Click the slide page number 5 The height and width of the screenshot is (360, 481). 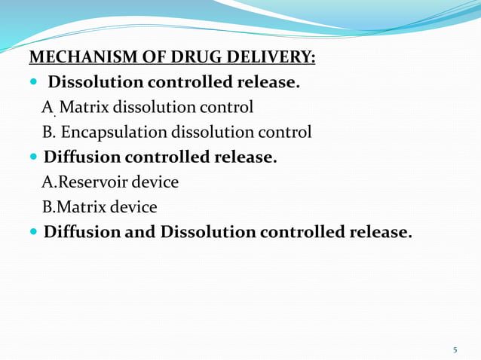[455, 349]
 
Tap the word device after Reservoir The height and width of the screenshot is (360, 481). [155, 182]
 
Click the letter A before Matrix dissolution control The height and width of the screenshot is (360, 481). [48, 108]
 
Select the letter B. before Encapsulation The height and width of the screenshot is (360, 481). [50, 133]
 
